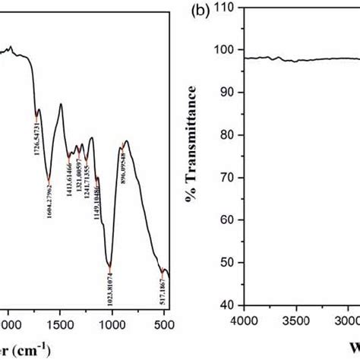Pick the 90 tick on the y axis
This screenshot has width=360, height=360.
pos(229,92)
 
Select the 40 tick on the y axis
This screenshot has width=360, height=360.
pos(229,305)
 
